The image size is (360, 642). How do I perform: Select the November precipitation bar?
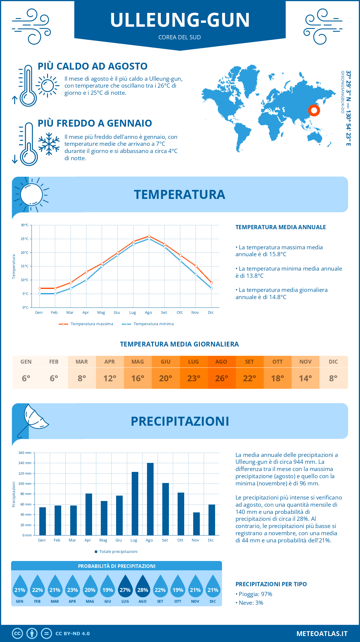tap(196, 524)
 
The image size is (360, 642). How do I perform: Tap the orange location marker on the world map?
tap(314, 110)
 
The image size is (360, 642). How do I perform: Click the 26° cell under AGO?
tap(221, 378)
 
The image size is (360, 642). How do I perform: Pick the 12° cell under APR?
tap(110, 378)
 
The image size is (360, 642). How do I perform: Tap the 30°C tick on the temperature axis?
tap(25, 225)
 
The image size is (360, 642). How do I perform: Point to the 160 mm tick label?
tap(25, 453)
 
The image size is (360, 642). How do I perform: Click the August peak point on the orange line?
tap(149, 236)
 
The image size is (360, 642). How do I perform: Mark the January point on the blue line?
tap(40, 294)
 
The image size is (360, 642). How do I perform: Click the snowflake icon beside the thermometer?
tap(49, 144)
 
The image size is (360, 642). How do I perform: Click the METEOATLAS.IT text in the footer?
tap(322, 633)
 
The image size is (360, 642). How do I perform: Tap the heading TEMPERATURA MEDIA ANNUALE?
tap(280, 227)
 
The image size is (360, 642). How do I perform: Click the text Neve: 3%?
tap(251, 603)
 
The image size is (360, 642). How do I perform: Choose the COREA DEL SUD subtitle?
tap(180, 37)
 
